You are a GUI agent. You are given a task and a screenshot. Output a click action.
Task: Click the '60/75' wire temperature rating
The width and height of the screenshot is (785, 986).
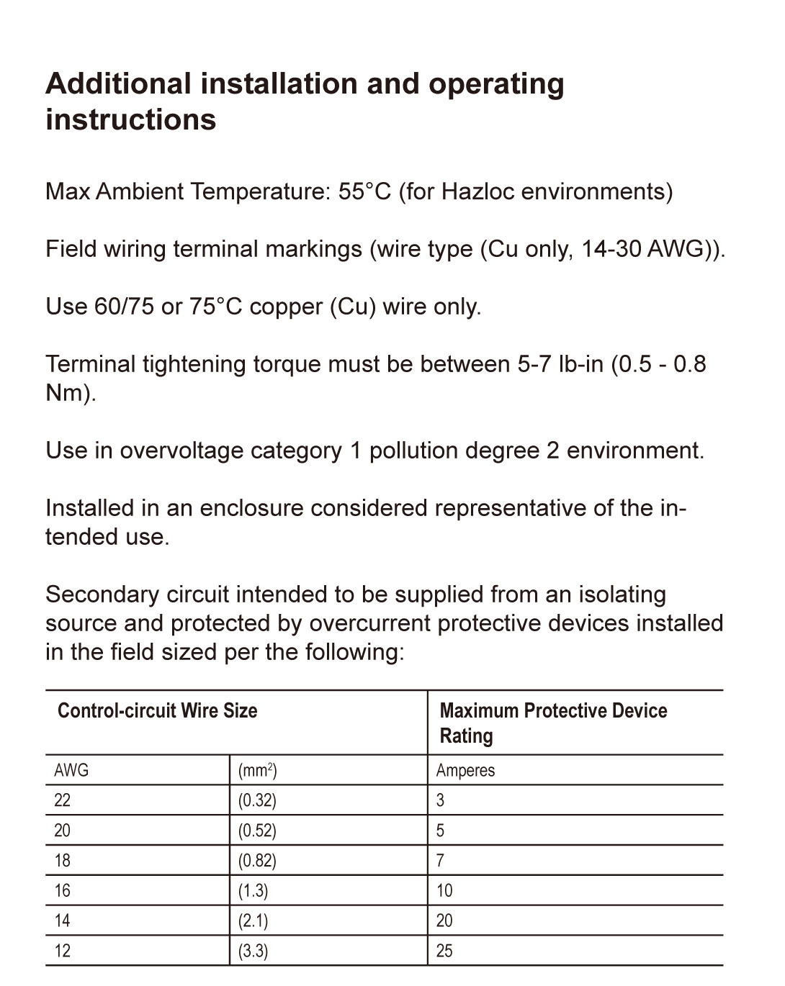[x=124, y=307]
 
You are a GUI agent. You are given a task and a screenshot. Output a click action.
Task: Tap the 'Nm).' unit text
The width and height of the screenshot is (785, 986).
[x=71, y=393]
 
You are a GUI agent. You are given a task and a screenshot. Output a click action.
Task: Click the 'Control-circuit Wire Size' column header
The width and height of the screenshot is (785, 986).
[x=157, y=711]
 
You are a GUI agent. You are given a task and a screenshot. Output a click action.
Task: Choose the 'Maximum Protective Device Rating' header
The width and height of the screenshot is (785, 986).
[x=553, y=723]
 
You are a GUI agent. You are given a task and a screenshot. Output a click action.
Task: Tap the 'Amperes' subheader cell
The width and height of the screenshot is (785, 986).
[x=465, y=770]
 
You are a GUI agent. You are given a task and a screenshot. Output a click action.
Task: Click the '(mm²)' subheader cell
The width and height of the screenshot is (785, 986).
[x=257, y=770]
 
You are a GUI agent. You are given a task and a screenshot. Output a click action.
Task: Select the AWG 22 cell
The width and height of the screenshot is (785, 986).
[x=63, y=800]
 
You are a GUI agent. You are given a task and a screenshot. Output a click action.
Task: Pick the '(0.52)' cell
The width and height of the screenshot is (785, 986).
[x=257, y=831]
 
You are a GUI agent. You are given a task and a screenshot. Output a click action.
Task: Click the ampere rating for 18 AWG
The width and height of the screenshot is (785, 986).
[x=440, y=861]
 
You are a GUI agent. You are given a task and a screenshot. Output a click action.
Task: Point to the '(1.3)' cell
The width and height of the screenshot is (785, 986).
[x=253, y=891]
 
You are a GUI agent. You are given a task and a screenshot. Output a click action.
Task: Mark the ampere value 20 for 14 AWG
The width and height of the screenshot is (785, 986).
[x=444, y=921]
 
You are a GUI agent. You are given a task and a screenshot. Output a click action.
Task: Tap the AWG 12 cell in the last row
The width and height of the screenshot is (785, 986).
[x=63, y=951]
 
